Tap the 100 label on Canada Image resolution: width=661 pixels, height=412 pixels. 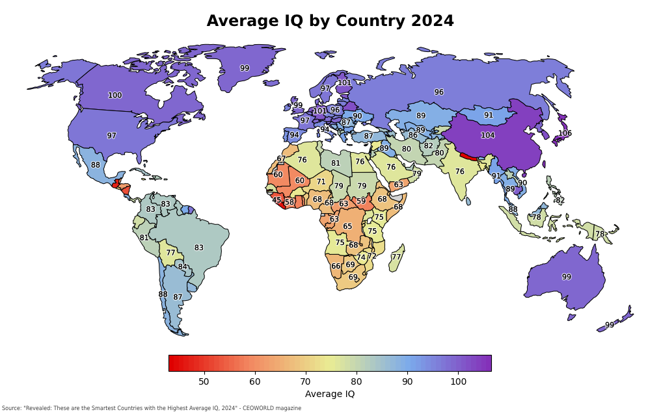click(115, 96)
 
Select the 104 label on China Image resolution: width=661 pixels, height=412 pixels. click(487, 135)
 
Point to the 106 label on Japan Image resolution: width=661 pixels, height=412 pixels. click(565, 133)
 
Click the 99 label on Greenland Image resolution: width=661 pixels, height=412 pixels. click(244, 68)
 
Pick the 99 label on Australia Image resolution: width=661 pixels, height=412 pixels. click(566, 277)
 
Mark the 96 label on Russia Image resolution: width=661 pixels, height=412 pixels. click(438, 92)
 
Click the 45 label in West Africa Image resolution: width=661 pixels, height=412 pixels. click(277, 200)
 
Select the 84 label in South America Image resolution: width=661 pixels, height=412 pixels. click(182, 266)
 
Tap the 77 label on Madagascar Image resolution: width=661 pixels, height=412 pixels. click(396, 257)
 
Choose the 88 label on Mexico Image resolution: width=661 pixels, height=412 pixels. click(96, 165)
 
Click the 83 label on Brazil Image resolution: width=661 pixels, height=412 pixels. click(198, 248)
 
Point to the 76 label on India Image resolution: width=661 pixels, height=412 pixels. click(459, 172)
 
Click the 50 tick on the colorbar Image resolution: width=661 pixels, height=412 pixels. click(204, 381)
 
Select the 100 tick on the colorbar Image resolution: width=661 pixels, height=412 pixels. click(458, 381)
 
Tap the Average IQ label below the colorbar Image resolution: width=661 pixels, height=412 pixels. click(329, 394)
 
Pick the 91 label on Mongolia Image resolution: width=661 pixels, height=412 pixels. click(488, 115)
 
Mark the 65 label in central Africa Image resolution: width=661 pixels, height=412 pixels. click(347, 227)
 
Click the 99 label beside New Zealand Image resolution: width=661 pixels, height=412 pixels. click(609, 325)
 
